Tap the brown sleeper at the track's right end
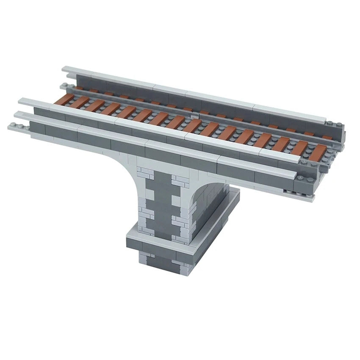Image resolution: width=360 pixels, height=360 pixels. click(x=317, y=152)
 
